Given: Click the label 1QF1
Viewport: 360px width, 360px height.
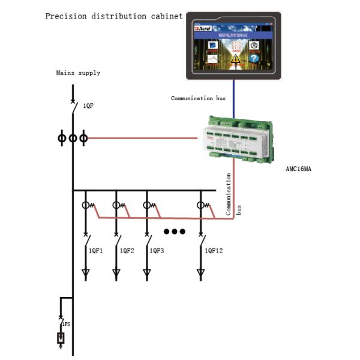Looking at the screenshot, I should coord(97,250).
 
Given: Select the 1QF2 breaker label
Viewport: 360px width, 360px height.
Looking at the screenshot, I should coord(127,250).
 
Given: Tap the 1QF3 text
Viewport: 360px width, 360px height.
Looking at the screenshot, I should coord(157,250).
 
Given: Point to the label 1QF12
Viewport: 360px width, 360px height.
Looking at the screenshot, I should coord(213,250).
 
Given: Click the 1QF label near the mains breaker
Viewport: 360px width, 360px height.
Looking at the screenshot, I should coord(88,106).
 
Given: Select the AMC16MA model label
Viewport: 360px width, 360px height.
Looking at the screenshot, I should coord(298,169).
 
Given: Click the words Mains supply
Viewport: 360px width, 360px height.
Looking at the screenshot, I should coord(78,73).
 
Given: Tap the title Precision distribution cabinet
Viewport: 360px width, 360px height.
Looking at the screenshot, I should coord(114,16).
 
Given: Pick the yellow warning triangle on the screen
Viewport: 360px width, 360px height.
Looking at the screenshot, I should coord(236,58).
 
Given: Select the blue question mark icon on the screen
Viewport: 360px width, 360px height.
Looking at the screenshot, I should coord(254,58).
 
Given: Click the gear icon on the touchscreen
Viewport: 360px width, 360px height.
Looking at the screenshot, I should coord(254,45).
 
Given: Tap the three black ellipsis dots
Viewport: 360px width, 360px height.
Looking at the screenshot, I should coord(175,232).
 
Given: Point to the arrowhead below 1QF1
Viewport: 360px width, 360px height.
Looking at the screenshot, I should coord(86,274).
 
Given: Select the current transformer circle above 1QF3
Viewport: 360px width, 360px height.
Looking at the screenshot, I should coord(146,205).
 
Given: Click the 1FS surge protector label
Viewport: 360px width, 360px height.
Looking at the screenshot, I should coord(66,324).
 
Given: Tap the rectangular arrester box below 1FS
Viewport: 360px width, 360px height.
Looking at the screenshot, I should coord(61,338).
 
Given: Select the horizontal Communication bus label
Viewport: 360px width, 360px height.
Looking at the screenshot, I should coord(198,98).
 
